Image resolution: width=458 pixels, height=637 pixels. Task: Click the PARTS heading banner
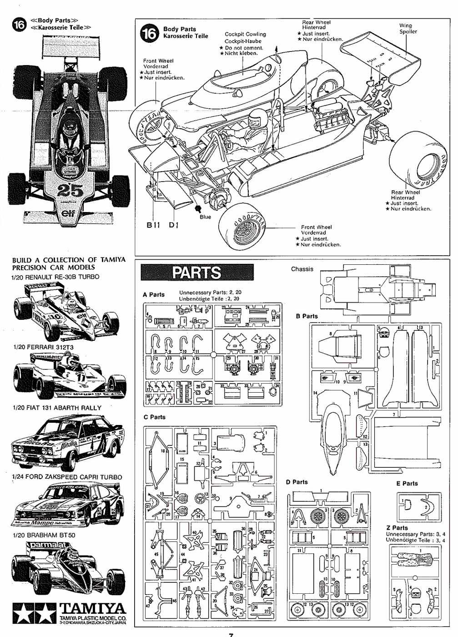(x=197, y=273)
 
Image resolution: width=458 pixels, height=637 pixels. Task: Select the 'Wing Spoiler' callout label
(x=408, y=29)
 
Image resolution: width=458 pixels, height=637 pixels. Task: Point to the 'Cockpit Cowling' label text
(x=245, y=34)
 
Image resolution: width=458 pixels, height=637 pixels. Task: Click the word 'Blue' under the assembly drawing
(x=205, y=217)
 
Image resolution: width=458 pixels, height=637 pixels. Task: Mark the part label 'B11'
(x=153, y=225)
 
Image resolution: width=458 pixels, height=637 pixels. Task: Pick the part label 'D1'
(x=174, y=225)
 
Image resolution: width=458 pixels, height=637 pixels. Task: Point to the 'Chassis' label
(x=302, y=269)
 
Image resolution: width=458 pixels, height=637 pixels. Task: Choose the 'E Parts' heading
(x=407, y=483)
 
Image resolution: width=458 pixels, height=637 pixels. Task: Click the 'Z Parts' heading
(x=397, y=528)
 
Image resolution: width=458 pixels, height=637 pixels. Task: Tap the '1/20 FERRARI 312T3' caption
(x=44, y=347)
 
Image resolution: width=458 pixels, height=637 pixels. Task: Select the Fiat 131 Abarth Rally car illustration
(x=67, y=442)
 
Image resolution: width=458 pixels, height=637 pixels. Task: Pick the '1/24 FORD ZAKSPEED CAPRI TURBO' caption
(x=67, y=477)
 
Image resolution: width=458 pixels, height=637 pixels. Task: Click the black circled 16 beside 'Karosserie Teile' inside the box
(x=149, y=33)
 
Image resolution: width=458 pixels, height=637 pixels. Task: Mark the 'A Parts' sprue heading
(x=154, y=294)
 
